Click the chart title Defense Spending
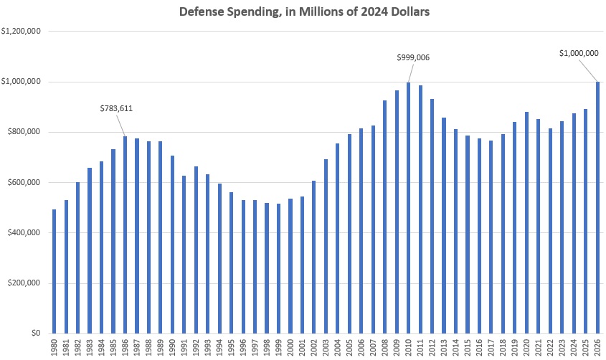303,12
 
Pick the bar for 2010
409,208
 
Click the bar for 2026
597,207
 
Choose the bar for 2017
491,237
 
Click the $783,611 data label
116,109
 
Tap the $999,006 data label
413,57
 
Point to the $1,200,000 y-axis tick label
20,32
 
